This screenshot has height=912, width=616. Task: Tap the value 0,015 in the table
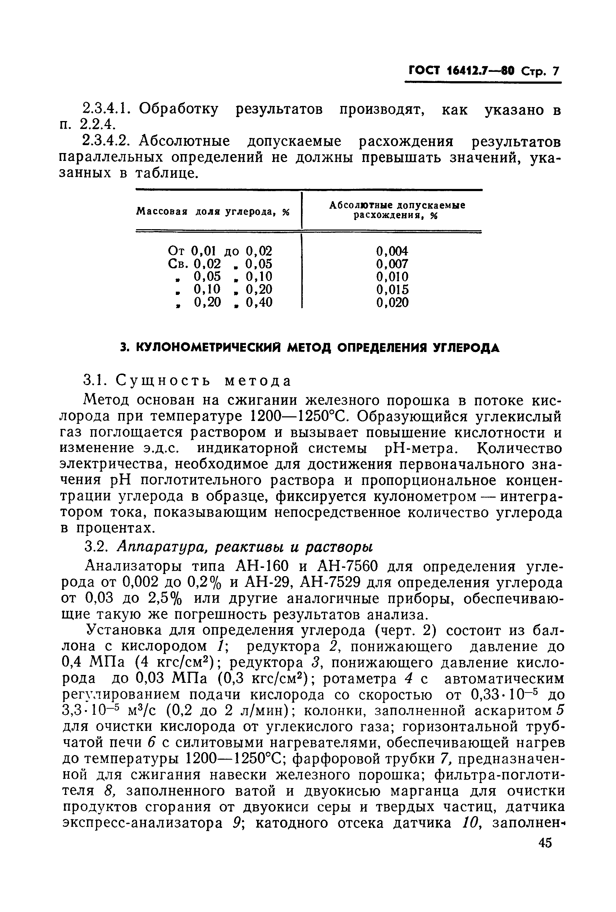click(392, 289)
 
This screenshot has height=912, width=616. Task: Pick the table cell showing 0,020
click(392, 302)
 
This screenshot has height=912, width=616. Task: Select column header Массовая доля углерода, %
click(213, 212)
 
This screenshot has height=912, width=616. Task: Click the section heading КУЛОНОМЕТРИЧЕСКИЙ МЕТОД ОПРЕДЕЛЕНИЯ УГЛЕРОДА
click(310, 348)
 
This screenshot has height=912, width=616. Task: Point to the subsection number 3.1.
click(93, 381)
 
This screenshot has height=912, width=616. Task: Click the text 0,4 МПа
click(93, 662)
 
